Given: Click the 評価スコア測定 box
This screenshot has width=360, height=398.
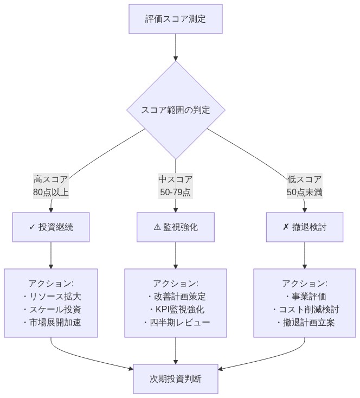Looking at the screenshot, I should [x=176, y=19].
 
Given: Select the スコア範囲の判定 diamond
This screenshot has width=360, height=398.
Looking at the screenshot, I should [x=176, y=110].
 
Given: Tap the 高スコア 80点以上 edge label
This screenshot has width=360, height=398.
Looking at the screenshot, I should [x=51, y=185].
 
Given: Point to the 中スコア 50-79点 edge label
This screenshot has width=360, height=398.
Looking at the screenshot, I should [x=176, y=185].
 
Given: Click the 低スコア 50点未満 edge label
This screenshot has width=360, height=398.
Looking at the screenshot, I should [x=304, y=185].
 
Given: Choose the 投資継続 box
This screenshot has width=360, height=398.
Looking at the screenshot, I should [x=51, y=227].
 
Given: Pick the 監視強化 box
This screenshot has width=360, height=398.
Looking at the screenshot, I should [x=176, y=227].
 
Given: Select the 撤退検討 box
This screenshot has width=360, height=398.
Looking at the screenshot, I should [x=304, y=227].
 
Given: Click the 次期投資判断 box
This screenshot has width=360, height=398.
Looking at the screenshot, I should [x=176, y=378].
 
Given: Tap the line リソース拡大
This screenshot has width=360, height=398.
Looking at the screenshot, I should [x=54, y=297].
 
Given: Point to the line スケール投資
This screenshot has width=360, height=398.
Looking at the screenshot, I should [x=54, y=310].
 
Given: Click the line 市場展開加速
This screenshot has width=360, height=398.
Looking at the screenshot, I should [x=54, y=323].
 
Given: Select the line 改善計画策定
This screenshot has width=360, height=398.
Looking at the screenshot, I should [x=179, y=297].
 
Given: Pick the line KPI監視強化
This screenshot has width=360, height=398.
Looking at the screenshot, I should [x=179, y=310].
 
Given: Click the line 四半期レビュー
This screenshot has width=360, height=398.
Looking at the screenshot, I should [x=179, y=323].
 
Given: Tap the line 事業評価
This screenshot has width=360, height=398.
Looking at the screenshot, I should [x=307, y=297].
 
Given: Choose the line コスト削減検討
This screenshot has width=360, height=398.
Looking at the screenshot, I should [x=307, y=310].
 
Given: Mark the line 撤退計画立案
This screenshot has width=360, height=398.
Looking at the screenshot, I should [x=307, y=323].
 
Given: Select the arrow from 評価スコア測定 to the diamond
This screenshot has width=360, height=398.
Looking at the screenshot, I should [x=176, y=47].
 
